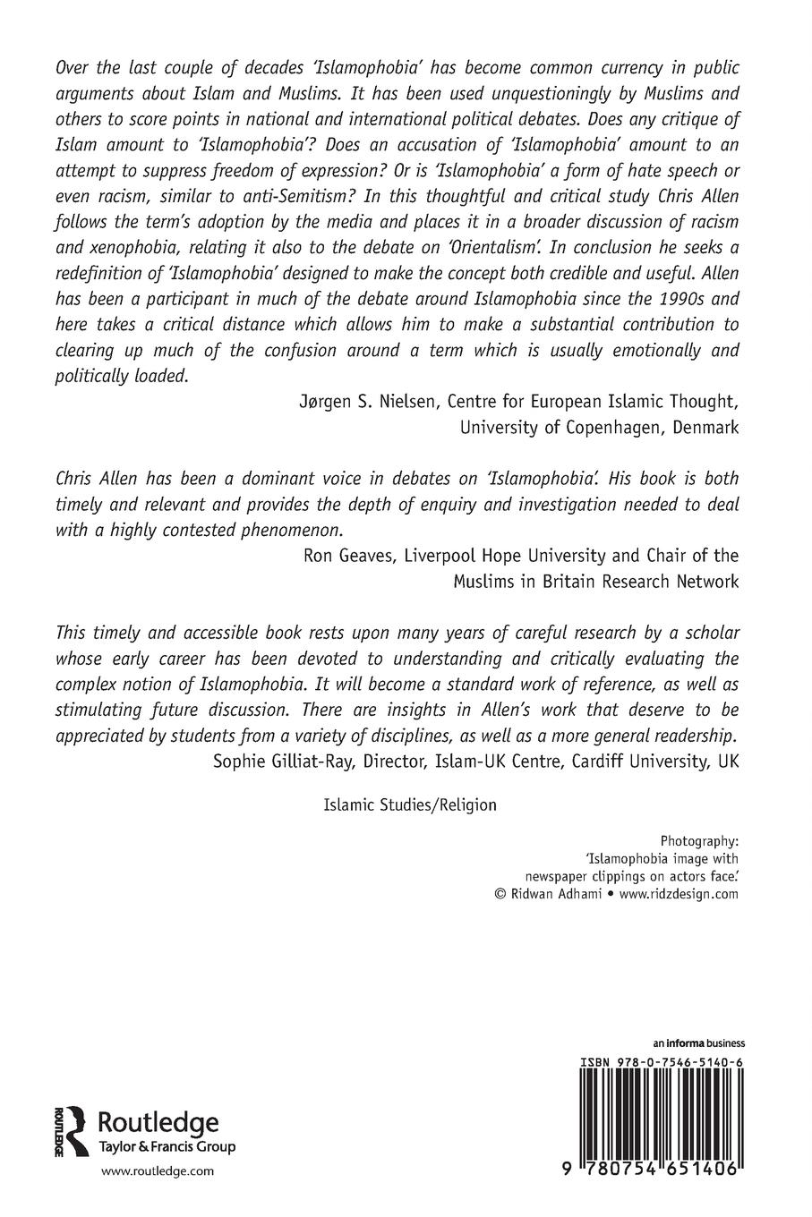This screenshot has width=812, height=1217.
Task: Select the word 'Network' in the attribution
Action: [707, 582]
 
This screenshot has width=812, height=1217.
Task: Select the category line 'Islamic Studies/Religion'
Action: [409, 804]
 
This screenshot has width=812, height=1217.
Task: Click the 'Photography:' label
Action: [699, 842]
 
